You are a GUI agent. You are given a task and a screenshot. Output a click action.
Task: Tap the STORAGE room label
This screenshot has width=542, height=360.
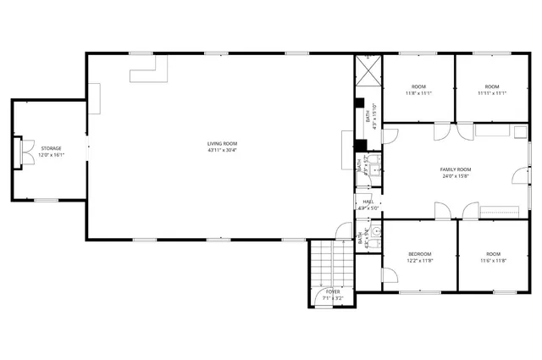(x=52, y=148)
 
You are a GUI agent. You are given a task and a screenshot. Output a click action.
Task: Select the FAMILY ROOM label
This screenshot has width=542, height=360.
(x=455, y=169)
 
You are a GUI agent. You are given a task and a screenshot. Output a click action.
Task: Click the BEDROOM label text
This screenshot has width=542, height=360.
(x=420, y=254)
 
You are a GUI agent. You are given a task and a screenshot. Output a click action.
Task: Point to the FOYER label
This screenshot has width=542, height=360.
(x=333, y=291)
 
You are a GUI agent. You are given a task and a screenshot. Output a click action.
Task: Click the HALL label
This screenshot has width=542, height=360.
(x=368, y=202)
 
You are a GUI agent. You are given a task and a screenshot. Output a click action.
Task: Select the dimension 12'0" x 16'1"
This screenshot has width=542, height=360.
(x=52, y=155)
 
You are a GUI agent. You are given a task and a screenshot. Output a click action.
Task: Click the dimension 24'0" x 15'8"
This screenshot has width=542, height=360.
(x=455, y=176)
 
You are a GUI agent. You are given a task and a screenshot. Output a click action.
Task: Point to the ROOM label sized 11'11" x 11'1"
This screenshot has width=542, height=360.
(x=493, y=86)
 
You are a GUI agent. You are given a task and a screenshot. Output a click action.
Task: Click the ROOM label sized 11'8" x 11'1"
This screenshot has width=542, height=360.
(x=418, y=86)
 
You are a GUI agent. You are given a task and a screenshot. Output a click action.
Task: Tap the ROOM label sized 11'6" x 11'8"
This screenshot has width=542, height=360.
(x=493, y=254)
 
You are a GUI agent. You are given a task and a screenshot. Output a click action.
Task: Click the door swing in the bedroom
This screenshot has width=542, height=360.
(x=389, y=276)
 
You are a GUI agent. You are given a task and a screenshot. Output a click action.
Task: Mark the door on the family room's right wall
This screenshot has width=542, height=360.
(x=519, y=175)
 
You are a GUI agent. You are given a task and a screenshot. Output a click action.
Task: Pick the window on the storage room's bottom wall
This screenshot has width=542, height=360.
(x=46, y=200)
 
